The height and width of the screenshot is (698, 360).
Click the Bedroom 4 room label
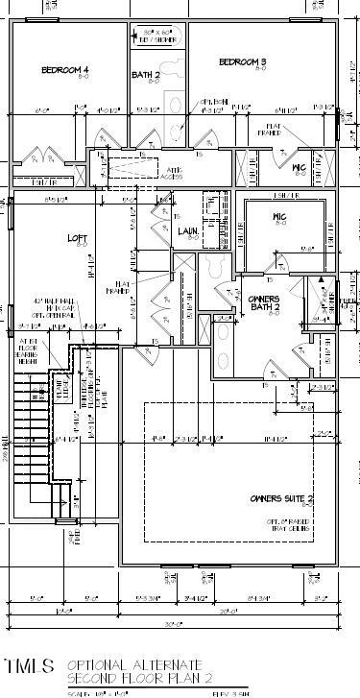click(x=64, y=70)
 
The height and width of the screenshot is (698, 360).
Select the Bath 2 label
click(x=145, y=74)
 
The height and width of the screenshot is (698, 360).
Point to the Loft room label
click(x=77, y=238)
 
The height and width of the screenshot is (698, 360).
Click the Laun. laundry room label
click(x=187, y=231)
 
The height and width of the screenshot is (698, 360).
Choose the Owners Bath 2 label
click(x=263, y=303)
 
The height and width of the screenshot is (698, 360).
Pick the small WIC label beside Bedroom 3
click(x=298, y=167)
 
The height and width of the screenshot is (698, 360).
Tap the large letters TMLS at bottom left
click(x=29, y=665)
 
